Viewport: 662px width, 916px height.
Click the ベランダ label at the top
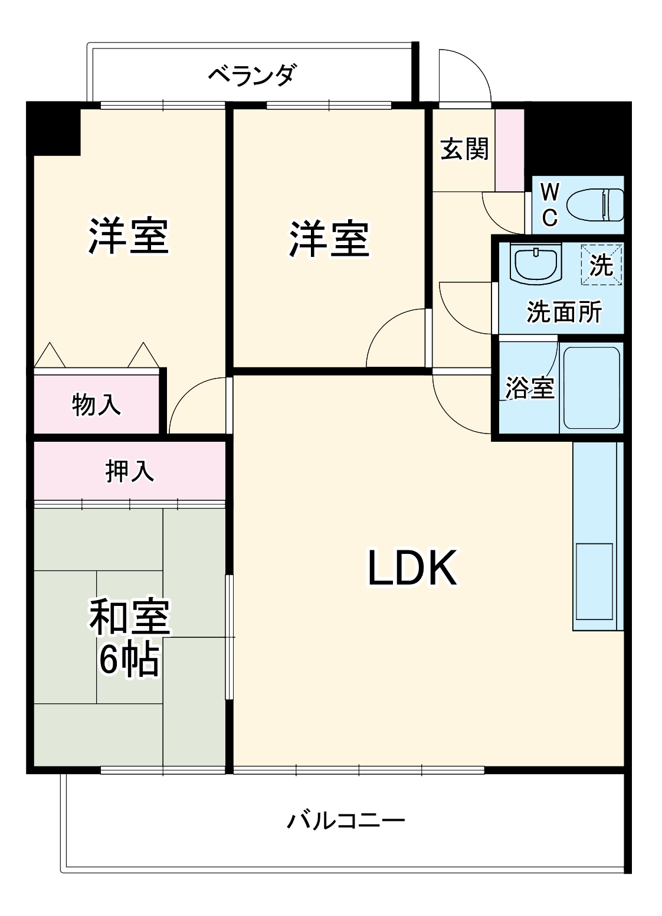252,75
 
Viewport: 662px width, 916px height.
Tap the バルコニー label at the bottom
346,821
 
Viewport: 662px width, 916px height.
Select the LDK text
412,568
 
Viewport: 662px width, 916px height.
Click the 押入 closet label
129,471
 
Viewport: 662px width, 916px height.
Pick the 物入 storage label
96,405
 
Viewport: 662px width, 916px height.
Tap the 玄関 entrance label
464,148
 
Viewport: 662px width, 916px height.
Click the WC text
549,205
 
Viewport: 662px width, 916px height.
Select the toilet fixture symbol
595,205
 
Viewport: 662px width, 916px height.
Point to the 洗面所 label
563,311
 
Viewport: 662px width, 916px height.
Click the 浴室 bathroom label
529,388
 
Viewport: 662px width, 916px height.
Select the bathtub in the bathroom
591,387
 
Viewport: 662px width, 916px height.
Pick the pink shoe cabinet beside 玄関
509,150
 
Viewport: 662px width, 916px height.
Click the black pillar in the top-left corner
54,129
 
